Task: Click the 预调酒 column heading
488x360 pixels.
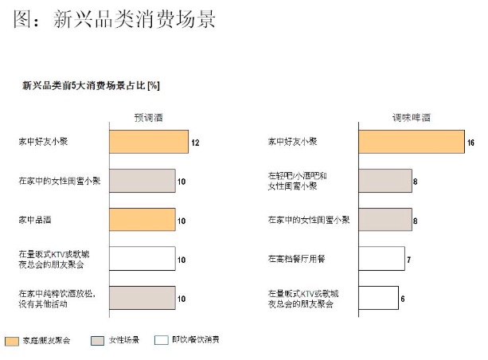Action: (x=148, y=117)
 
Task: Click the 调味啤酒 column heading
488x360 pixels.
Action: (x=410, y=117)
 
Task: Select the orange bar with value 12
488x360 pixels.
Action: (x=148, y=142)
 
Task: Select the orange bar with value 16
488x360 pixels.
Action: (x=411, y=142)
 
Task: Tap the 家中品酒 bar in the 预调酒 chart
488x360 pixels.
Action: (x=142, y=219)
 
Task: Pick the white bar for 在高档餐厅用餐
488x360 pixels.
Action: (x=381, y=258)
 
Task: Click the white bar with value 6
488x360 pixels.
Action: (x=378, y=297)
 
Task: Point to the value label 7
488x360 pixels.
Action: (x=408, y=259)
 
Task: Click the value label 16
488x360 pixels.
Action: (x=470, y=143)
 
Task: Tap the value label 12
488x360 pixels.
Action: (x=194, y=143)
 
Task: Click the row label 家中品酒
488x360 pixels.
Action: (x=37, y=219)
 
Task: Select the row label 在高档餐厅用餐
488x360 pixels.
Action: (x=296, y=258)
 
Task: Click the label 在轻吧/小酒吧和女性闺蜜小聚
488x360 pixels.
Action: (x=296, y=181)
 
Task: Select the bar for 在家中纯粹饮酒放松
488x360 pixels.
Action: (x=142, y=297)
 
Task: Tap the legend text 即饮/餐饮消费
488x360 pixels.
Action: (x=196, y=340)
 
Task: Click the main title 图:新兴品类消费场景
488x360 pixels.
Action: (x=115, y=18)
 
